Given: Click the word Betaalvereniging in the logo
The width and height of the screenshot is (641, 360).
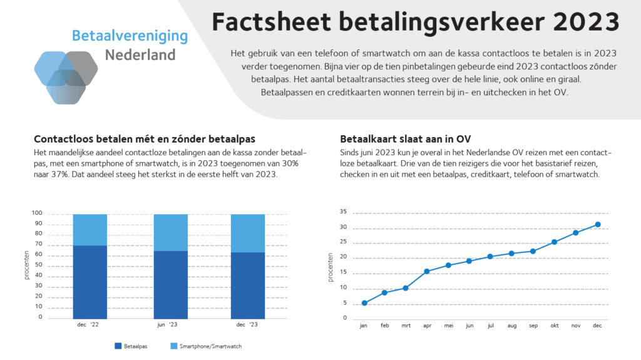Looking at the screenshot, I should [130, 36].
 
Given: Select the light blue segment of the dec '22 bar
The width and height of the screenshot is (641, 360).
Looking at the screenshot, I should [90, 230].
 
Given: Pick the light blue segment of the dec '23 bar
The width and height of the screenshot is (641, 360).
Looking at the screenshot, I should [248, 233].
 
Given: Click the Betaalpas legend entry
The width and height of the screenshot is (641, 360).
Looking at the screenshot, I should [131, 346].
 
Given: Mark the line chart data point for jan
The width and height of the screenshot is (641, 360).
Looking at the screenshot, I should [364, 303].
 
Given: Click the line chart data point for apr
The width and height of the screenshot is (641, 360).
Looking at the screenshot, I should [426, 272].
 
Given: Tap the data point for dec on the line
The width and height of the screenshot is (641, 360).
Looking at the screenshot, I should [598, 225].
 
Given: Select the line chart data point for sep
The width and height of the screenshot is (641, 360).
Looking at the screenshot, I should [533, 252].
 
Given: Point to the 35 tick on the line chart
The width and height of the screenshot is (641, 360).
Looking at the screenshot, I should [343, 212].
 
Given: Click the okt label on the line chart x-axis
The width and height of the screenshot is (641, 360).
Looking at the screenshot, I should [554, 326].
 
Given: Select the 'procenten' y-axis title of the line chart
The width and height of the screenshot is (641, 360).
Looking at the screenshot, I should [331, 267].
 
